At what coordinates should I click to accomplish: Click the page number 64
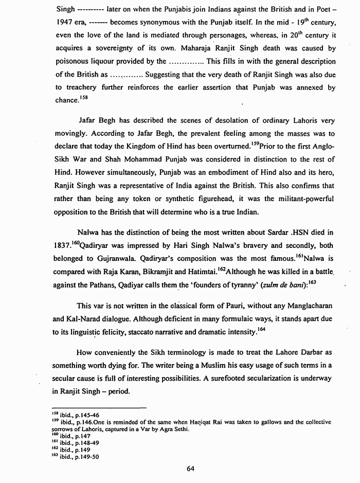tap(190, 468)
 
